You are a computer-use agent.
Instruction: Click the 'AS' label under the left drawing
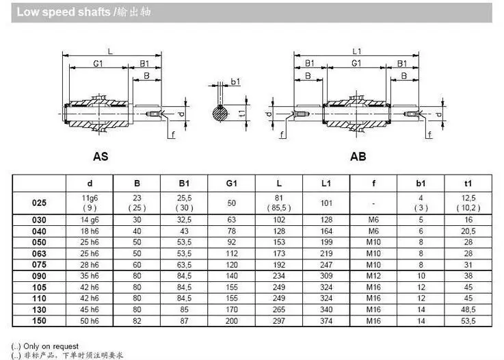(x=101, y=156)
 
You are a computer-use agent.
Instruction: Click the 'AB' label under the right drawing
(x=358, y=156)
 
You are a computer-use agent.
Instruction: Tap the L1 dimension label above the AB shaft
(x=357, y=51)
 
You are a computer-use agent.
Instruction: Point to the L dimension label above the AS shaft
(x=110, y=51)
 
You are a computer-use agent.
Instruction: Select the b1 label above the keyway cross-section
(x=236, y=81)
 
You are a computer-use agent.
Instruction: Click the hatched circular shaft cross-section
(x=220, y=113)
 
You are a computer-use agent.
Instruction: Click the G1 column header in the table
(x=231, y=183)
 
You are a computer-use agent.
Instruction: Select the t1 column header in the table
(x=468, y=183)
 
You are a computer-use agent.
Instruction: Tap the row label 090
(x=39, y=276)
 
